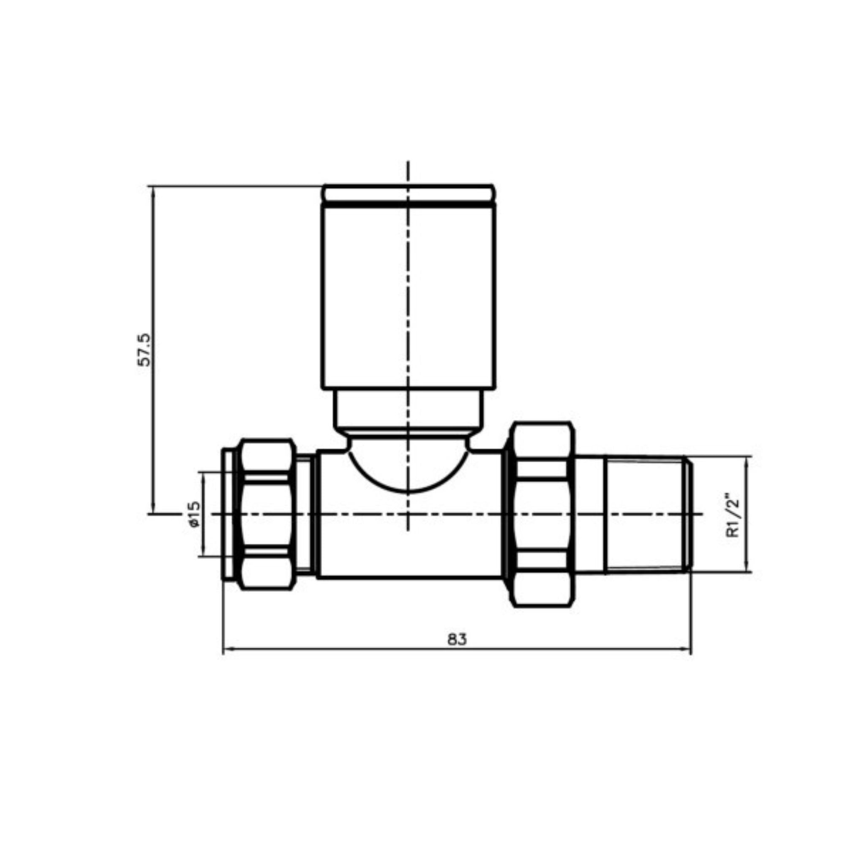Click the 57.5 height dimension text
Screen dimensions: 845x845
pyautogui.click(x=144, y=350)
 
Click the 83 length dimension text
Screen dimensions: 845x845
pyautogui.click(x=457, y=639)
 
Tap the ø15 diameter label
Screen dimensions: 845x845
pyautogui.click(x=194, y=514)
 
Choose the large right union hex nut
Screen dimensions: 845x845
pyautogui.click(x=542, y=514)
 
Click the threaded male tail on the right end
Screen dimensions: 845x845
pyautogui.click(x=645, y=514)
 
